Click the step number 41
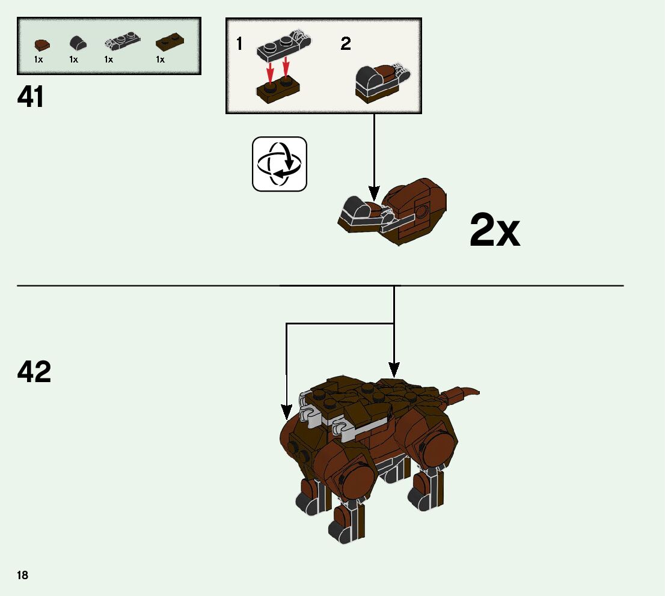(x=31, y=97)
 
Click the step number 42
(x=34, y=372)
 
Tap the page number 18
(x=22, y=576)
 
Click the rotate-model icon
(x=279, y=164)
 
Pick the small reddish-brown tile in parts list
(x=41, y=44)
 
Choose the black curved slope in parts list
(x=76, y=43)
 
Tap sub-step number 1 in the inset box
(x=239, y=44)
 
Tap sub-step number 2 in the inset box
(x=346, y=44)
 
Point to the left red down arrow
(x=271, y=71)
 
